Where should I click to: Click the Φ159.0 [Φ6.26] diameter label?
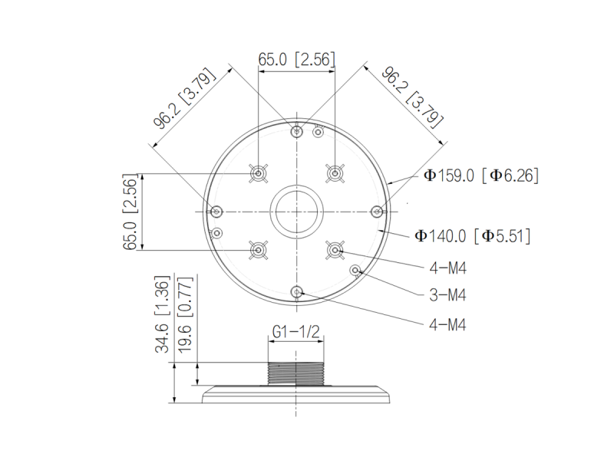(x=481, y=176)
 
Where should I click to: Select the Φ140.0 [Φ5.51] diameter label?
(x=472, y=236)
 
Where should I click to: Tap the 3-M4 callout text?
(x=447, y=295)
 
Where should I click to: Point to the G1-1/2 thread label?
(x=296, y=332)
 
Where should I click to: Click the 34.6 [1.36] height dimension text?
(x=163, y=314)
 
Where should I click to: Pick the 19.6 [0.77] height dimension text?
(x=185, y=315)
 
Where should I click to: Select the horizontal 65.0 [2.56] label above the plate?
(x=296, y=59)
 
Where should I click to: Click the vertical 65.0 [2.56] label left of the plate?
(x=130, y=212)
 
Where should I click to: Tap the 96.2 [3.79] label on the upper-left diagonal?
(x=184, y=98)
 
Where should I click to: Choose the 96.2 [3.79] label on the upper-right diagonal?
(x=413, y=98)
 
